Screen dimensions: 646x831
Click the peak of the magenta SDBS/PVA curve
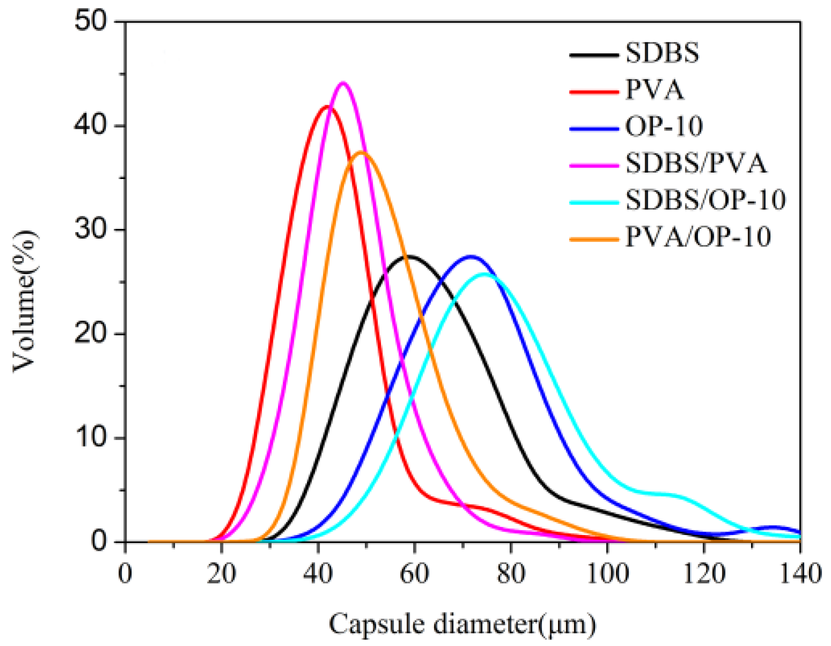343,83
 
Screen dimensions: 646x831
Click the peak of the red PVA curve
326,106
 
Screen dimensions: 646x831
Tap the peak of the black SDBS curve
409,256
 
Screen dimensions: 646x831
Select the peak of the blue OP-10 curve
471,256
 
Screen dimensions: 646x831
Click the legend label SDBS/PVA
695,163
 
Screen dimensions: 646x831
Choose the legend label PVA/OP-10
698,236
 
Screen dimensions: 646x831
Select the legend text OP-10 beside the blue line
664,126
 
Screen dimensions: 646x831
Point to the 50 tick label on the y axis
90,21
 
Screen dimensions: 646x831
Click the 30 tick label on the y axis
90,229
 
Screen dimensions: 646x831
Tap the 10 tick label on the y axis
90,437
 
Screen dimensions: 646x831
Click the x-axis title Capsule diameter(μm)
462,624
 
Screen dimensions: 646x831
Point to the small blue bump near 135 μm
773,527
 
